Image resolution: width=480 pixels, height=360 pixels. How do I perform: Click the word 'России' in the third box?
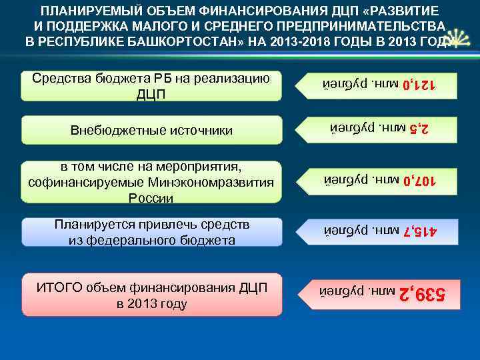point(151,199)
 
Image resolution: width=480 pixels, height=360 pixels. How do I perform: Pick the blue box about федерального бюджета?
point(151,231)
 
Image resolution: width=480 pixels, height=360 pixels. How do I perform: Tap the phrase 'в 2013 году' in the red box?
point(151,304)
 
